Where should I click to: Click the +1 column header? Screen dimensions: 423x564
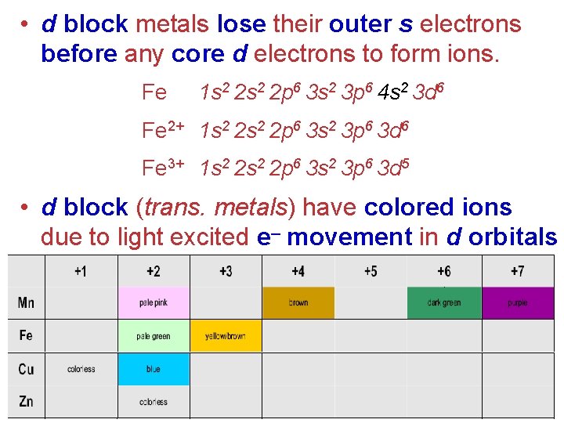pyautogui.click(x=81, y=272)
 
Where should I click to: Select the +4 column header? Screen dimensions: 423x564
pyautogui.click(x=298, y=272)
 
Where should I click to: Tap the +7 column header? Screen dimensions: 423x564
pyautogui.click(x=516, y=272)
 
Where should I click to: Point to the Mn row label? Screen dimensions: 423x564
pyautogui.click(x=26, y=302)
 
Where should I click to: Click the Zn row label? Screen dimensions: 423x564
pyautogui.click(x=26, y=401)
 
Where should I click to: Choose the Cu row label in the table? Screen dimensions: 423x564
pyautogui.click(x=26, y=369)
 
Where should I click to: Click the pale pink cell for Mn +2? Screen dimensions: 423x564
pyautogui.click(x=153, y=302)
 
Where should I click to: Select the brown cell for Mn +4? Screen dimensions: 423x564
pyautogui.click(x=298, y=302)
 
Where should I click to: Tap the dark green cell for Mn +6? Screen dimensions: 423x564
pyautogui.click(x=443, y=302)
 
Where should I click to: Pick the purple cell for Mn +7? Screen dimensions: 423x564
pyautogui.click(x=517, y=302)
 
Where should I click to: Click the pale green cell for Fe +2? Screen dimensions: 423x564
pyautogui.click(x=153, y=336)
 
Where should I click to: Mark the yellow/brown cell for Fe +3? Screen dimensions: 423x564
pyautogui.click(x=226, y=336)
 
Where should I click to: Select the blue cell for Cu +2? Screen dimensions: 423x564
pyautogui.click(x=153, y=369)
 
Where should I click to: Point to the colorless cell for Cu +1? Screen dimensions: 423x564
pyautogui.click(x=81, y=369)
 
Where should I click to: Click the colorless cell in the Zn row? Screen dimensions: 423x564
pyautogui.click(x=153, y=402)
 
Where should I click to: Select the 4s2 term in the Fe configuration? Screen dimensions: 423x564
pyautogui.click(x=391, y=93)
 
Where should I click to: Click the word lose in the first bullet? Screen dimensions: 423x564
pyautogui.click(x=241, y=24)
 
